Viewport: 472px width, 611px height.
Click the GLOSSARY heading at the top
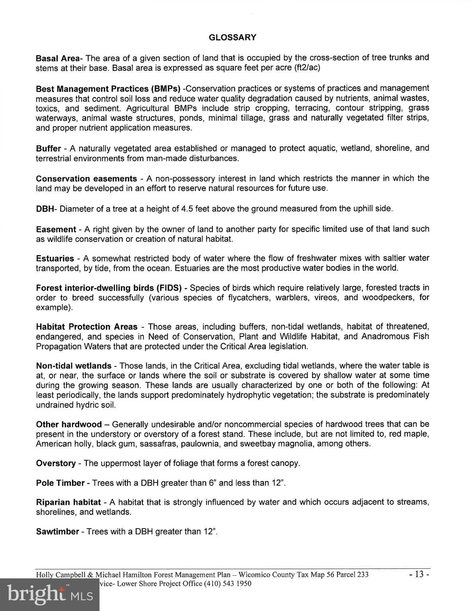coord(232,37)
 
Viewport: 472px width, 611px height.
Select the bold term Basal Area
coord(58,58)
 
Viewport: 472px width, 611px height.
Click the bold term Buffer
coord(48,149)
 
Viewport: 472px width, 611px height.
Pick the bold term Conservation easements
coord(86,179)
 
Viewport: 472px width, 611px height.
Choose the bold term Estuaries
coord(55,259)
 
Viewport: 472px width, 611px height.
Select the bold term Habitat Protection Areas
coord(86,327)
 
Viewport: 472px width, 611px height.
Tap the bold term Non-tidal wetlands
coord(74,366)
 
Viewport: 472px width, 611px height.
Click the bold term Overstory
coord(56,463)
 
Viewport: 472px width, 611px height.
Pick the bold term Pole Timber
coord(60,483)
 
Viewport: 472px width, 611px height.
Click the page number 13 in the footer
coord(417,575)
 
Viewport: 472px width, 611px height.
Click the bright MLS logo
coord(50,595)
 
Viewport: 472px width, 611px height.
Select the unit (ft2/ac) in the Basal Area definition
coord(307,68)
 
